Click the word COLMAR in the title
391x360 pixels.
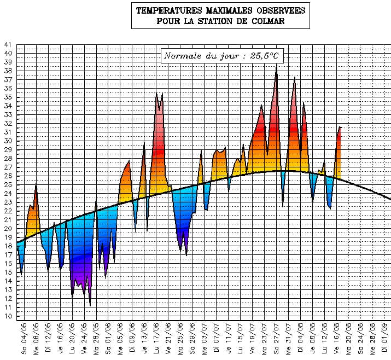(268, 21)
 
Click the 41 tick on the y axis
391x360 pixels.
(7, 45)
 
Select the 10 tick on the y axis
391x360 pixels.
(7, 316)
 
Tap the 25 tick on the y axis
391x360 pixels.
(7, 185)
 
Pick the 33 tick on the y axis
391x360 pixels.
(7, 115)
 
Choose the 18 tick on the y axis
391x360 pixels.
(7, 246)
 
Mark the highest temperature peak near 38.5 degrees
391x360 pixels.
(277, 66)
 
